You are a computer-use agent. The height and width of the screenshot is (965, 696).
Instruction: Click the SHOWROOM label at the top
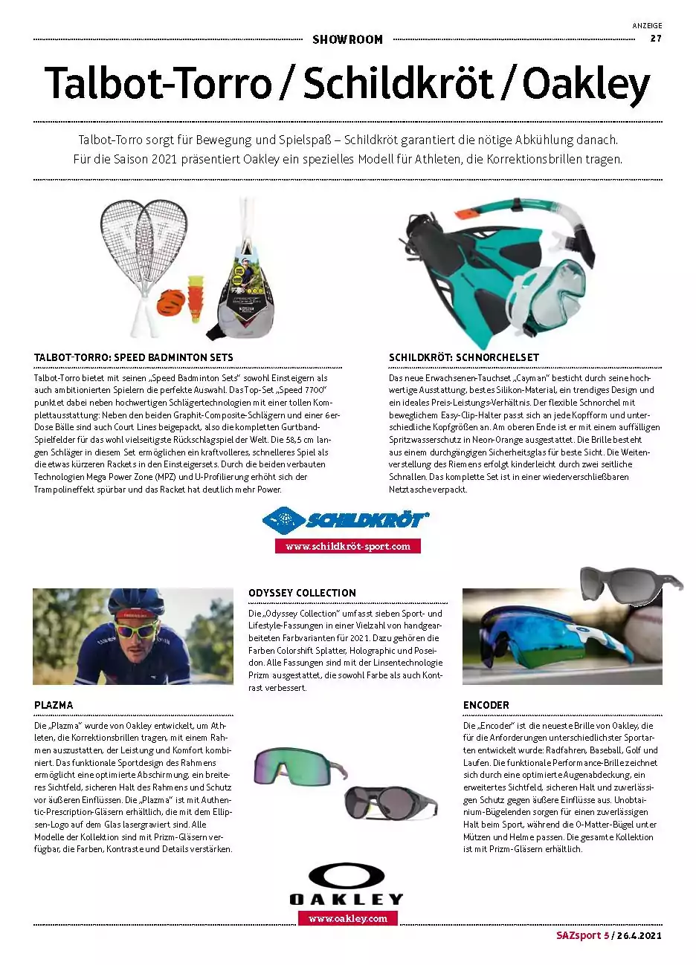pyautogui.click(x=347, y=39)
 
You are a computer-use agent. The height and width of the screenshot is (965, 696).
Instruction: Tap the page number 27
pyautogui.click(x=656, y=39)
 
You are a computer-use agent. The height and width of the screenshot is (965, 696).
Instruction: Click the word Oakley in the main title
pyautogui.click(x=586, y=85)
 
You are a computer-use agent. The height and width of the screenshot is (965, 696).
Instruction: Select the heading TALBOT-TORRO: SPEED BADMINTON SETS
pyautogui.click(x=134, y=357)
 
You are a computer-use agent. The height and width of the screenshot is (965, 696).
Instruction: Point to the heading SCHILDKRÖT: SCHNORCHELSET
pyautogui.click(x=464, y=357)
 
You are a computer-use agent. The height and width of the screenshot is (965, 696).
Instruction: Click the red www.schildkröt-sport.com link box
pyautogui.click(x=347, y=546)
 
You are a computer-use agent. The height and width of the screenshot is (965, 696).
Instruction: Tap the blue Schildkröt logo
pyautogui.click(x=347, y=519)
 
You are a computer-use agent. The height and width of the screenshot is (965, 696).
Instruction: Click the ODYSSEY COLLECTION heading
pyautogui.click(x=302, y=593)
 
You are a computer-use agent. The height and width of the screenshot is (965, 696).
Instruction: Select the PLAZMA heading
pyautogui.click(x=54, y=704)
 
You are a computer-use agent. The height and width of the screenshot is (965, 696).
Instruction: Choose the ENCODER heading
pyautogui.click(x=486, y=704)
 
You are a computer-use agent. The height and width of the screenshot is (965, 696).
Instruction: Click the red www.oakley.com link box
pyautogui.click(x=347, y=918)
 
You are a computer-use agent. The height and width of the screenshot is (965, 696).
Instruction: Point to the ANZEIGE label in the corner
pyautogui.click(x=646, y=25)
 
